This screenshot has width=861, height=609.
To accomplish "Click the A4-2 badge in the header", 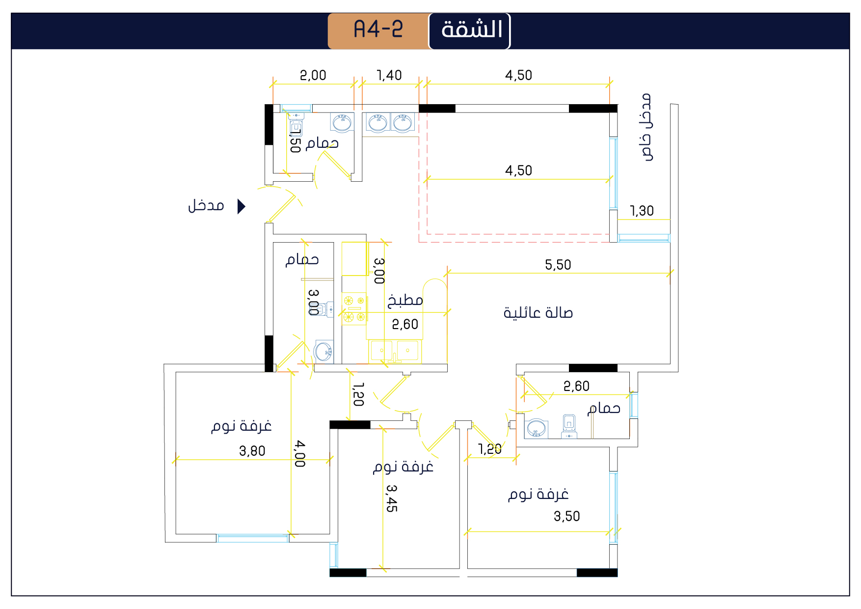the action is pyautogui.click(x=378, y=31).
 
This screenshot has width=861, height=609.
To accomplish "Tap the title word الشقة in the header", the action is pyautogui.click(x=472, y=30).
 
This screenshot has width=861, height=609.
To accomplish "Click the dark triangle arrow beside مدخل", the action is pyautogui.click(x=241, y=206).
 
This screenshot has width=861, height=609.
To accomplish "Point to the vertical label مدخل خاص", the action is pyautogui.click(x=647, y=127).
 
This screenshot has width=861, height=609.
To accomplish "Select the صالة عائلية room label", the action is pyautogui.click(x=538, y=313).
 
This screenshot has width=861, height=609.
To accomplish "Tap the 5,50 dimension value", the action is pyautogui.click(x=558, y=265).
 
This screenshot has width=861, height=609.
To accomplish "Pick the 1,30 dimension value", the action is pyautogui.click(x=642, y=211).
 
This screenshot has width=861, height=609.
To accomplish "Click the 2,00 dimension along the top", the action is pyautogui.click(x=313, y=75).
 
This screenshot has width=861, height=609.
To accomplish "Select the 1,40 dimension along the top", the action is pyautogui.click(x=389, y=75).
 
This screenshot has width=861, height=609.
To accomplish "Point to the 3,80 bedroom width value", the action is pyautogui.click(x=252, y=451).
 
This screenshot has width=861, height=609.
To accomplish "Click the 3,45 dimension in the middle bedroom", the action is pyautogui.click(x=392, y=498).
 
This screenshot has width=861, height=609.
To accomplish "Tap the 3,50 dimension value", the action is pyautogui.click(x=567, y=516).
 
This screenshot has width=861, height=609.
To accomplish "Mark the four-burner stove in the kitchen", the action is pyautogui.click(x=354, y=309).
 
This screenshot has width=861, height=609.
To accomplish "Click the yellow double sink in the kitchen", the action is pyautogui.click(x=395, y=351).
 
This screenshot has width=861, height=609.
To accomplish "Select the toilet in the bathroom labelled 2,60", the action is pyautogui.click(x=569, y=426).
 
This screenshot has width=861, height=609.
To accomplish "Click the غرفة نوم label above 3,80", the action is pyautogui.click(x=242, y=426).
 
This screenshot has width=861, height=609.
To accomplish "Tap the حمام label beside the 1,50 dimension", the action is pyautogui.click(x=322, y=143).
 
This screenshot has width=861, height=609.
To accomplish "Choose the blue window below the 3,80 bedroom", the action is pyautogui.click(x=252, y=538).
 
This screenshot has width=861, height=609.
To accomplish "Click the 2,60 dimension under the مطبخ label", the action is pyautogui.click(x=405, y=324).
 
